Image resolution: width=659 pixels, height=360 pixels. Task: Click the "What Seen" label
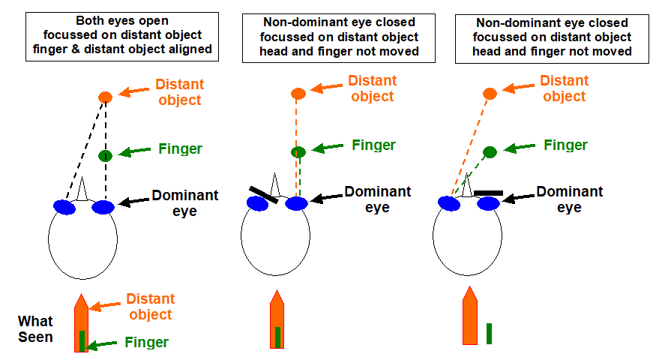click(x=35, y=329)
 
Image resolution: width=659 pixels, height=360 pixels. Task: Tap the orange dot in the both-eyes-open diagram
click(x=105, y=97)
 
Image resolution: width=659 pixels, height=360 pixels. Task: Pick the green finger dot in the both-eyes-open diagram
click(x=105, y=155)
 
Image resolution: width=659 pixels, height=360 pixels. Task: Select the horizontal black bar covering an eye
click(x=488, y=193)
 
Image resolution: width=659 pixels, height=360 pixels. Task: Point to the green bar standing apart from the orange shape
click(x=489, y=333)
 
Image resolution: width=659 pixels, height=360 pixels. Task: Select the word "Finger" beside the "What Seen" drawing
click(x=147, y=343)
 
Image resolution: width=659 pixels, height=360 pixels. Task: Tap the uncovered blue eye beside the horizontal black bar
click(x=449, y=203)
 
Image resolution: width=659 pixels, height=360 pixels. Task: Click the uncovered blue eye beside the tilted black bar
click(x=297, y=203)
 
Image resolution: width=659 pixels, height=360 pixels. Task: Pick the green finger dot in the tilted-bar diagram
click(x=298, y=152)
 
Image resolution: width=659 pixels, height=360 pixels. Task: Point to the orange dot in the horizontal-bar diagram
click(x=490, y=93)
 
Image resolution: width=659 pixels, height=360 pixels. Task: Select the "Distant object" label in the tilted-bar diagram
click(x=373, y=88)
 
